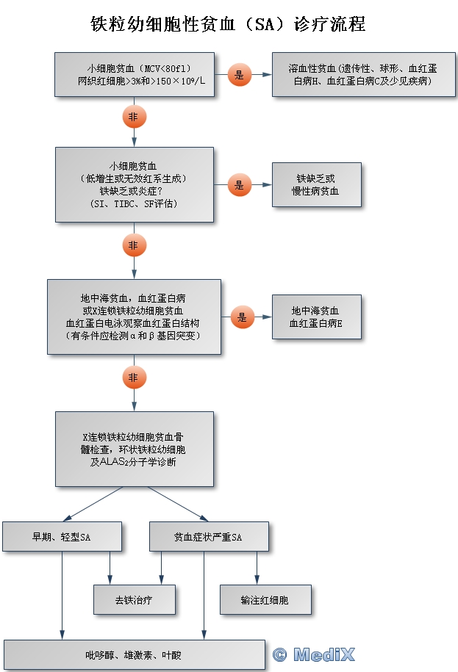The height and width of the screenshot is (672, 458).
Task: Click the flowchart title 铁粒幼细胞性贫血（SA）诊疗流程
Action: [228, 24]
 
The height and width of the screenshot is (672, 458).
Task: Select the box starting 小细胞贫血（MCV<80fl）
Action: [135, 75]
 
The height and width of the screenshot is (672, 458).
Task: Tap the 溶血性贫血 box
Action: [358, 75]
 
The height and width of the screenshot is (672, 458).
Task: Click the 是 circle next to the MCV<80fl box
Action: [240, 74]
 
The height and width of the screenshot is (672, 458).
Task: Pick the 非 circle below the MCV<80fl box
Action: [135, 117]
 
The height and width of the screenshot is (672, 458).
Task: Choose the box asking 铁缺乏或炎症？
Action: [135, 184]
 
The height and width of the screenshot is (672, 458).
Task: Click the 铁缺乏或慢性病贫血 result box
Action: [317, 185]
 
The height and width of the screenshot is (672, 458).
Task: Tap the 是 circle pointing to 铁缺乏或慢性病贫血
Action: [240, 185]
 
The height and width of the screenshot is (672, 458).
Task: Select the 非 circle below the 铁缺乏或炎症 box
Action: [135, 245]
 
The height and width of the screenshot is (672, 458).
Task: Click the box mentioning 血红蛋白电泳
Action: [134, 317]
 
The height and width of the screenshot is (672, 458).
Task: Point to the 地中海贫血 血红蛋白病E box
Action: [317, 317]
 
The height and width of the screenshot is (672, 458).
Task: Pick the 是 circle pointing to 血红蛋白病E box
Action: [242, 317]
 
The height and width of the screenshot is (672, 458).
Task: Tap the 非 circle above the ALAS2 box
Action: [135, 377]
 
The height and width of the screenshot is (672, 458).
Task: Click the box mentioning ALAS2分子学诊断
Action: [135, 448]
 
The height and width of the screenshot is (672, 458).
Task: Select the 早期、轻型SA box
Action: [62, 537]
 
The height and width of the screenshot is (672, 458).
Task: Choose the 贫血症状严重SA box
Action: [208, 537]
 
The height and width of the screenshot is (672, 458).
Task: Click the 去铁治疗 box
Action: [135, 600]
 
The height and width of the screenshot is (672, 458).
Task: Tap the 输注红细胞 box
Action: [265, 600]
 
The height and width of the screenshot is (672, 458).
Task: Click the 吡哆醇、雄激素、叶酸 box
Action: [134, 654]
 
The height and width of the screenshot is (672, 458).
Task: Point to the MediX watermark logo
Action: [314, 654]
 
